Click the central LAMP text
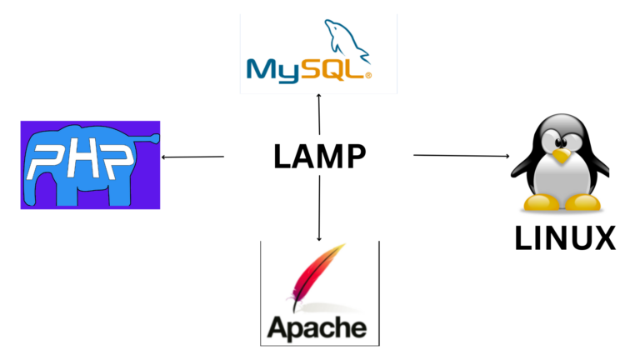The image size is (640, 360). click(319, 157)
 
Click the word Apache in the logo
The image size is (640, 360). click(317, 325)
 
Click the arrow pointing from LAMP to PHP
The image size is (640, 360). click(192, 157)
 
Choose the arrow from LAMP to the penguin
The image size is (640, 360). click(461, 156)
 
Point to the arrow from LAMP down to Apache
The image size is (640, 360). click(319, 208)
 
